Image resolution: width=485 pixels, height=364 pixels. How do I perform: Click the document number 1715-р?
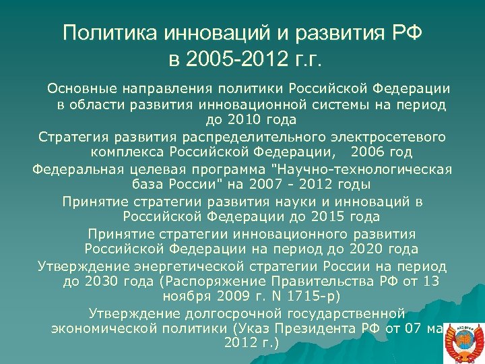pyautogui.click(x=313, y=297)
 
